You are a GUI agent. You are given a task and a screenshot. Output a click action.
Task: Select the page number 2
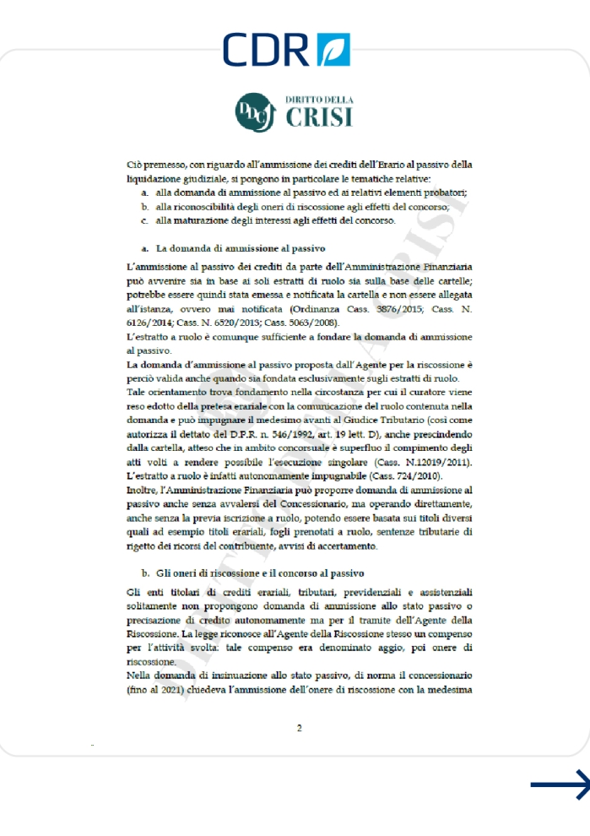(x=299, y=728)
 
